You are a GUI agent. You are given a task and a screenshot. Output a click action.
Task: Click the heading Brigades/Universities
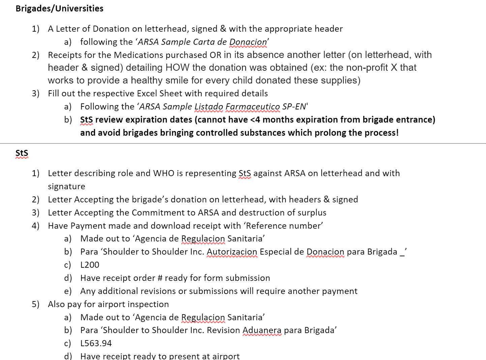click(x=59, y=8)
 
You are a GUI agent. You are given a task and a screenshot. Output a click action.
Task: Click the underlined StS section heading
click(x=22, y=153)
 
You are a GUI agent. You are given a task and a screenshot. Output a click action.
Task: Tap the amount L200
click(x=90, y=265)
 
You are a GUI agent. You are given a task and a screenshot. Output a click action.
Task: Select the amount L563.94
click(x=96, y=343)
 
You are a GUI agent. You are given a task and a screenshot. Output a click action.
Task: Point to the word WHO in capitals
click(x=164, y=173)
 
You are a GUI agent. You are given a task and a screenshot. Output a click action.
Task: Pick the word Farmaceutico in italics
click(x=252, y=107)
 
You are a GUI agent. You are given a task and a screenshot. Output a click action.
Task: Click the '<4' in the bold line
click(x=254, y=120)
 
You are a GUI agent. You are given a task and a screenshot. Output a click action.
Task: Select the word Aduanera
click(x=262, y=330)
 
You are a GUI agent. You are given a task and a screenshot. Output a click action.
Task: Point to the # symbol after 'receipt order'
click(x=160, y=278)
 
